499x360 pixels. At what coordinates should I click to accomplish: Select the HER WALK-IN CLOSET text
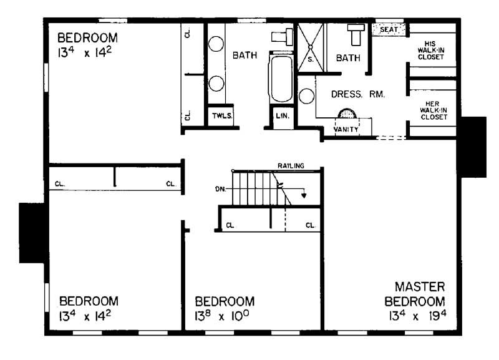click(x=431, y=110)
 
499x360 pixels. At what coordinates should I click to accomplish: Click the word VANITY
click(x=346, y=129)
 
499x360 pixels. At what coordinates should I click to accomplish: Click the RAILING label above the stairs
click(x=291, y=166)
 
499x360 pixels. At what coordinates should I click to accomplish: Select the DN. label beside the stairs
click(x=220, y=188)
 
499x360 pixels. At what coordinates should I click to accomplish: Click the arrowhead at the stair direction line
click(x=304, y=195)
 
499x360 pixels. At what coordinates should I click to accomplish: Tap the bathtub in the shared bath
click(x=281, y=79)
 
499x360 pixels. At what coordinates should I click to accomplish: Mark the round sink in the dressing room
click(x=306, y=95)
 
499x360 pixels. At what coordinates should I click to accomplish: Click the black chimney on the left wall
click(x=31, y=232)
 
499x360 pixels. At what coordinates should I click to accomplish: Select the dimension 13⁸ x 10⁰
click(x=225, y=316)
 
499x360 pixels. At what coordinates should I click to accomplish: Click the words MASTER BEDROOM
click(x=420, y=294)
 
